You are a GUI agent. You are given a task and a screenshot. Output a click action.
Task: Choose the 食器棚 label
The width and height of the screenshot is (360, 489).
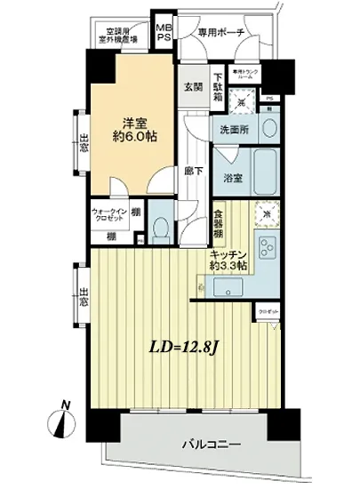click(218, 227)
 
